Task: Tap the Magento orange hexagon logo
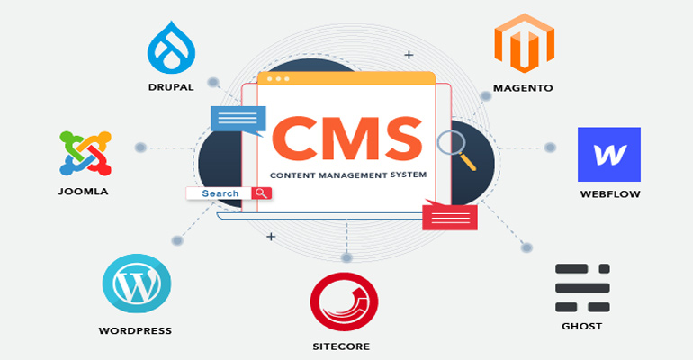click(x=523, y=44)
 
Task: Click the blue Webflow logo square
click(x=609, y=154)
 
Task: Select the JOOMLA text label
click(x=82, y=191)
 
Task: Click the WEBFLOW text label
click(x=610, y=193)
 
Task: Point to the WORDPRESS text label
click(x=135, y=331)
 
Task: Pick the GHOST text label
click(x=581, y=326)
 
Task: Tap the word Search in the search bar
click(x=220, y=193)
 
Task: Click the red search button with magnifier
click(x=262, y=193)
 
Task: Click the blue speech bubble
click(x=238, y=119)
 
